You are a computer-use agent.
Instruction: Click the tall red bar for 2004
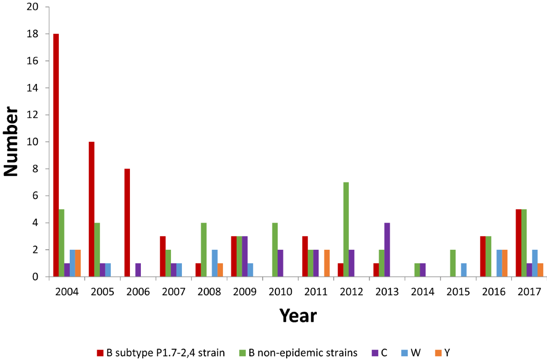(x=56, y=155)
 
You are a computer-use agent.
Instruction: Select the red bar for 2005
(x=91, y=209)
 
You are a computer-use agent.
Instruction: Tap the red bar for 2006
(x=127, y=223)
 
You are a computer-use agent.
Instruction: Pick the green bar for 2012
(x=346, y=230)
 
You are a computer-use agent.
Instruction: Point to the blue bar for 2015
(x=463, y=270)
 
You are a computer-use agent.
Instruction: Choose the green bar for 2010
(x=275, y=250)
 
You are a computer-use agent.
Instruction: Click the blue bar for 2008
(x=214, y=263)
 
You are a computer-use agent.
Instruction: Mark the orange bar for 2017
(x=541, y=270)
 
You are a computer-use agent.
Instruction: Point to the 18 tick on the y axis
(x=36, y=34)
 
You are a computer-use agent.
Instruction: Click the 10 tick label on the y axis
(x=36, y=142)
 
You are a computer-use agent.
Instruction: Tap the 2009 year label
(x=245, y=292)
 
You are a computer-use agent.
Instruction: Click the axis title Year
(x=298, y=315)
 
